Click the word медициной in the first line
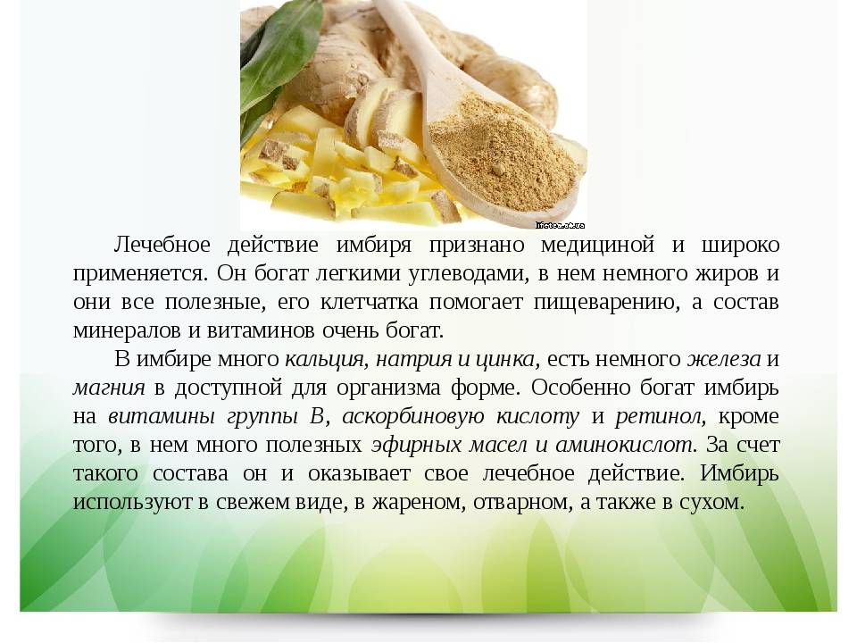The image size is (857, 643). click(x=597, y=245)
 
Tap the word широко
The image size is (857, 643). click(x=740, y=245)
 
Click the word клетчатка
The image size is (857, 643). click(x=369, y=302)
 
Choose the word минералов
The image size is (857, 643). click(x=128, y=330)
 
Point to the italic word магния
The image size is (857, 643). click(x=109, y=388)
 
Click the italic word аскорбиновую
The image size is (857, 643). click(x=413, y=417)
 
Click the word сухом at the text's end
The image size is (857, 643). click(x=711, y=502)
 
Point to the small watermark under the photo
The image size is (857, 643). click(x=560, y=225)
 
